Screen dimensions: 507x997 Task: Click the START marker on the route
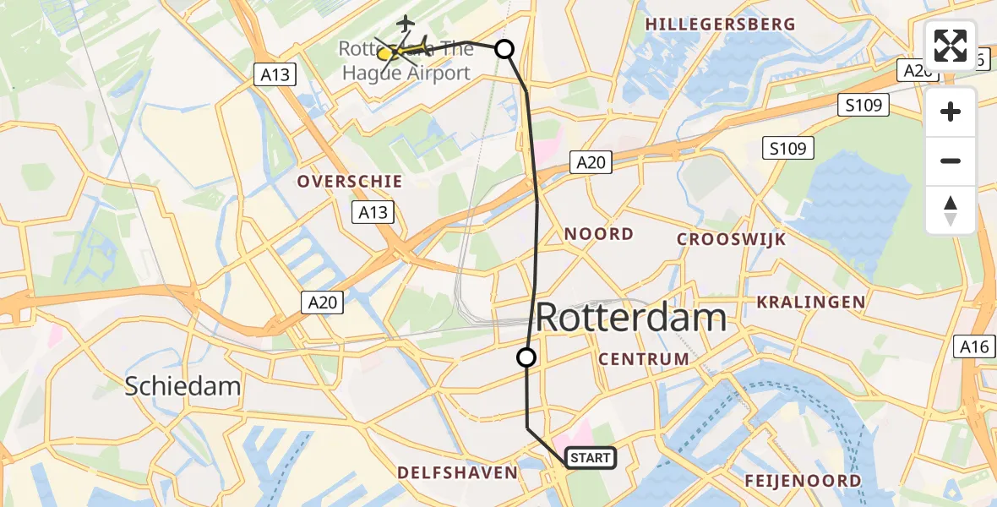[590, 458]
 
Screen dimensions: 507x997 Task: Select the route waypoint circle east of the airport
[504, 49]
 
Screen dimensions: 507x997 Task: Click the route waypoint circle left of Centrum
[526, 357]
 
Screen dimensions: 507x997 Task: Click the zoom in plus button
[951, 112]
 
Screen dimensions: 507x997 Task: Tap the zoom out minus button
[951, 161]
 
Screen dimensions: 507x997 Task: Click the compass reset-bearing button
[951, 210]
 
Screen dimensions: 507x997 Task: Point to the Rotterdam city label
[631, 319]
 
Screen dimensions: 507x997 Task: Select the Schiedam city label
[183, 387]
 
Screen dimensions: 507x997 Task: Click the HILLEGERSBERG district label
[721, 25]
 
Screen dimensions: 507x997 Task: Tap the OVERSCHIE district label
[350, 182]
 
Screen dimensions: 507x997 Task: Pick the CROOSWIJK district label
[732, 239]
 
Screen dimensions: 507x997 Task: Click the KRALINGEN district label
[811, 302]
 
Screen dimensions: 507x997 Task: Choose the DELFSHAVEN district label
[457, 472]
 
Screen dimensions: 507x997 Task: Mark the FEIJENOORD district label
[804, 481]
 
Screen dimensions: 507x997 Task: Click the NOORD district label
[599, 234]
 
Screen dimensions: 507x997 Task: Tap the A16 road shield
[974, 346]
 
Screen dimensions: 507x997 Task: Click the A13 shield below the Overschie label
[373, 211]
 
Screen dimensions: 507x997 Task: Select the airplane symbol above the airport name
[406, 22]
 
